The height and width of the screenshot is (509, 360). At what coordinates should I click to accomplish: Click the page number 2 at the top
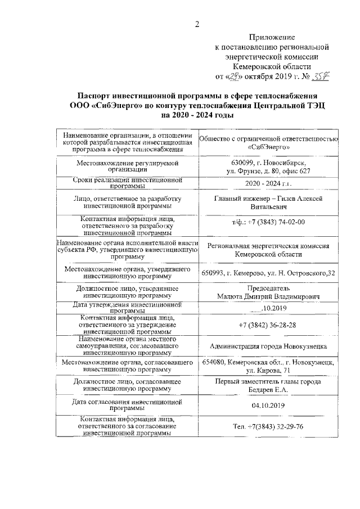197,24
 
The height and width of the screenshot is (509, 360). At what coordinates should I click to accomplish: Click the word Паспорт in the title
98,95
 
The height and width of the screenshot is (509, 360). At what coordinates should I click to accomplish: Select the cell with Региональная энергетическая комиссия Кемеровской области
268,250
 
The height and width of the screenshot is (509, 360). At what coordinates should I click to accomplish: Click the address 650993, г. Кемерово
247,273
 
